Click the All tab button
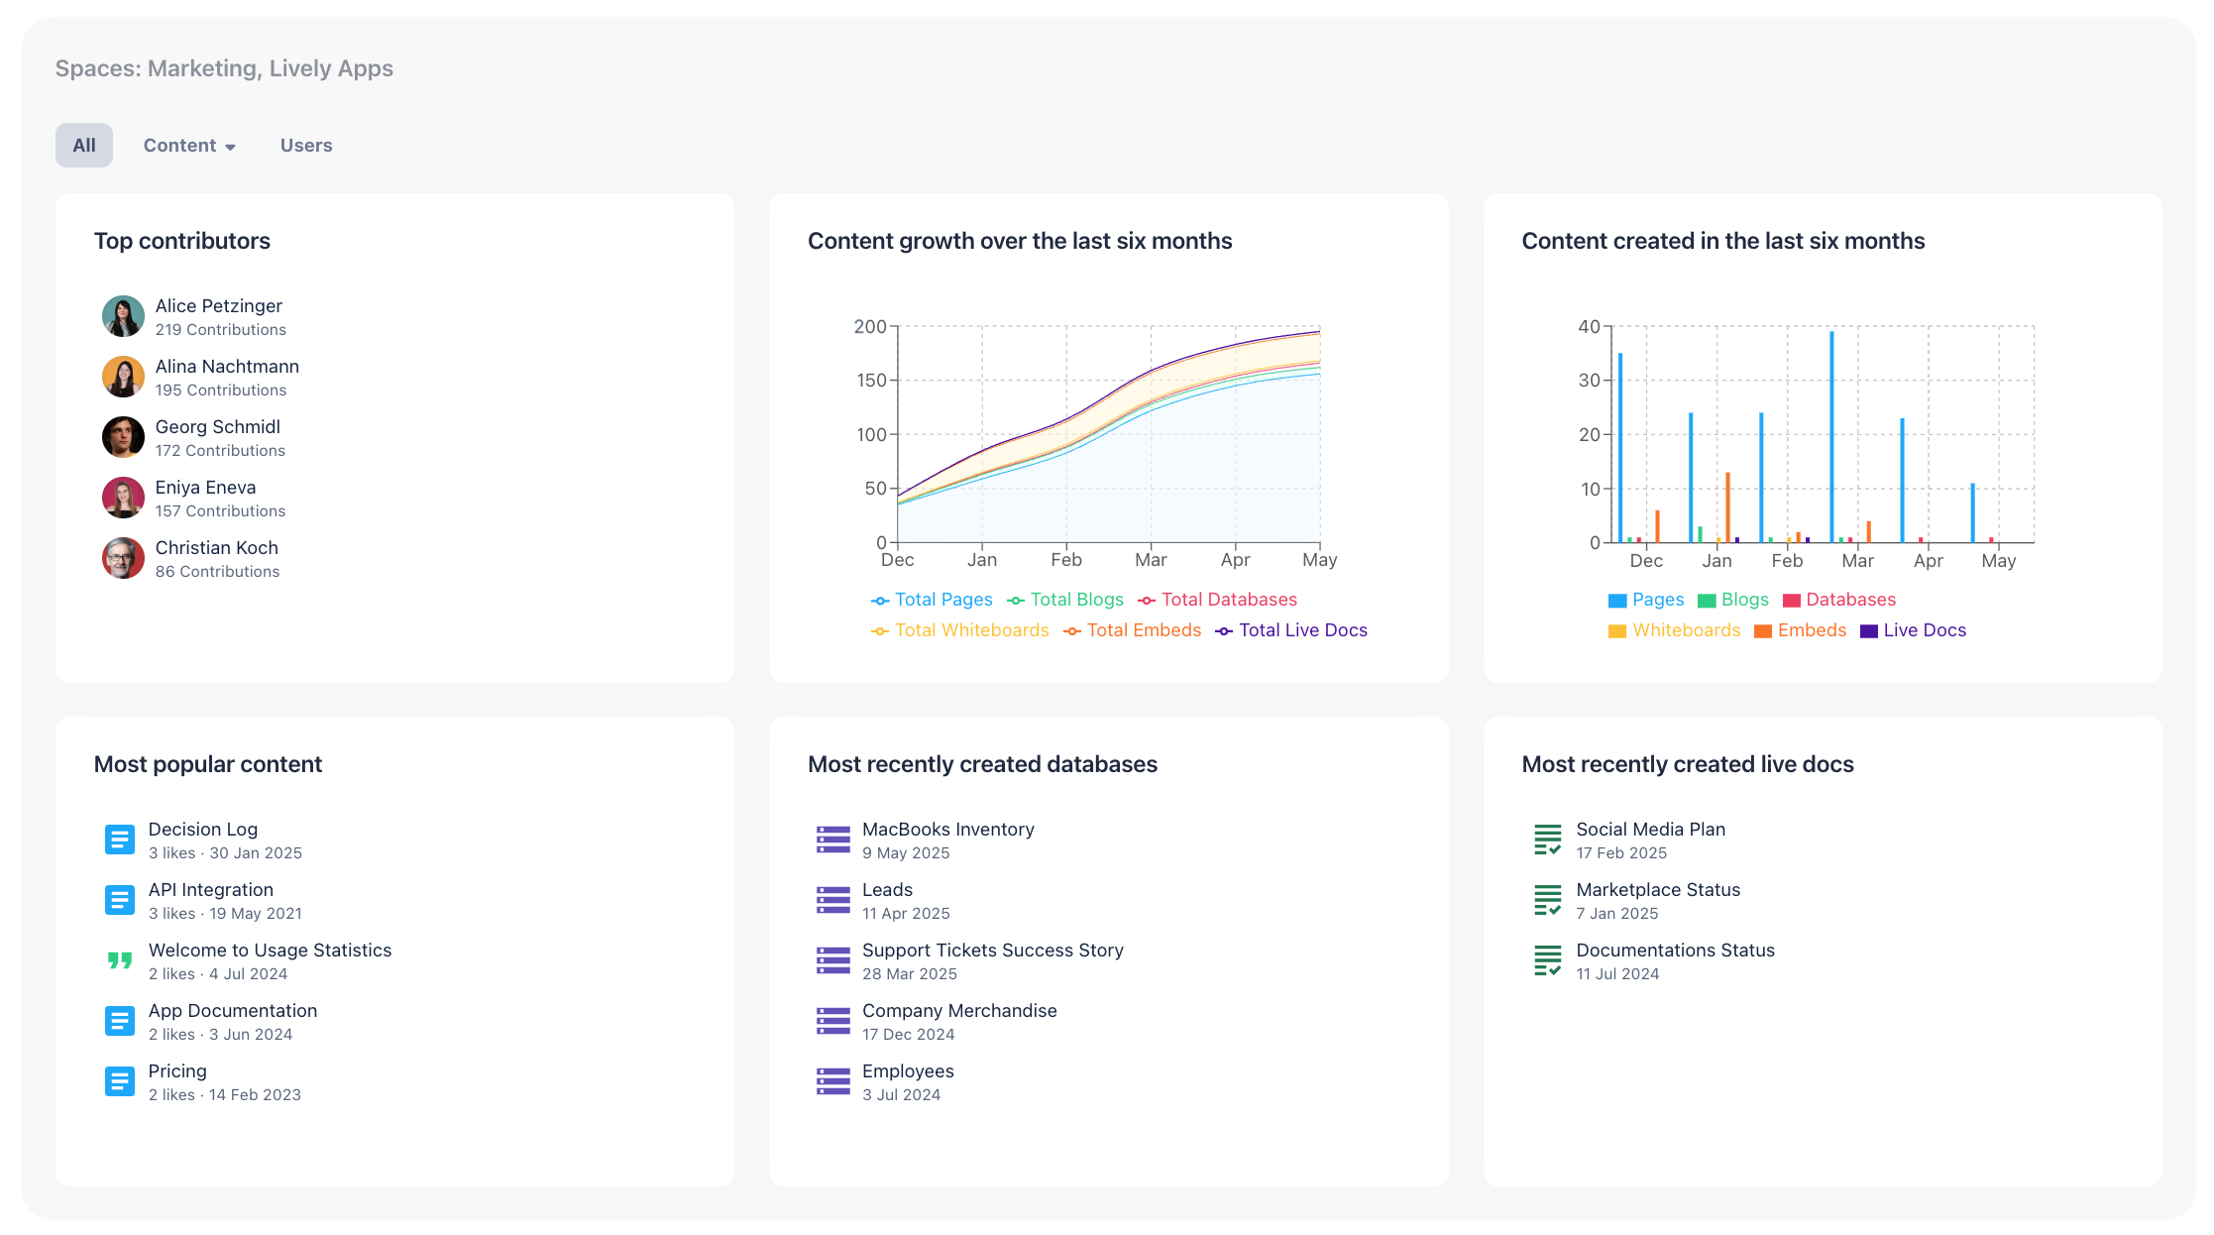(x=84, y=146)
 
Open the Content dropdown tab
(x=188, y=146)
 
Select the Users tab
(x=306, y=146)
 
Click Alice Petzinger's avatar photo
(x=123, y=316)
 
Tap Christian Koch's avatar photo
(x=123, y=558)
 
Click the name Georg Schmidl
(x=217, y=427)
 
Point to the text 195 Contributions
(x=220, y=391)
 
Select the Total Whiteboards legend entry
(x=959, y=630)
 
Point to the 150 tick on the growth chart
(x=871, y=381)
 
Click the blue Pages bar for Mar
(x=1831, y=436)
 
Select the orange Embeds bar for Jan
(x=1727, y=507)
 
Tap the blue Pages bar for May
(x=1972, y=512)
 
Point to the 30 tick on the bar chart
(x=1589, y=381)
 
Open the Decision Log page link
(x=202, y=830)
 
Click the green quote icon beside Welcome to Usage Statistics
(x=120, y=960)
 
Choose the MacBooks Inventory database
(x=947, y=830)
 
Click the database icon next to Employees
(x=832, y=1081)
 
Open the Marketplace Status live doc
(x=1657, y=890)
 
